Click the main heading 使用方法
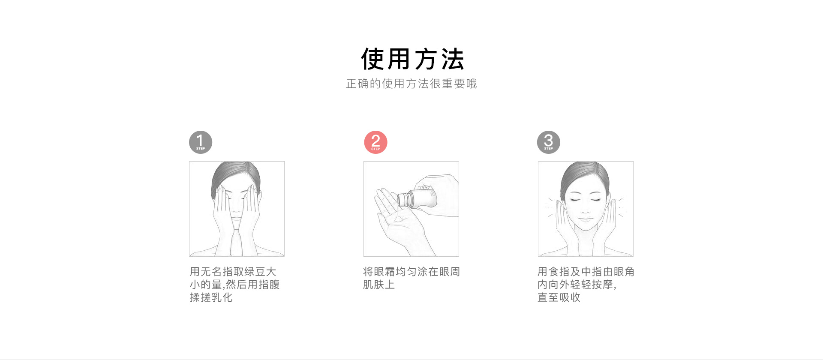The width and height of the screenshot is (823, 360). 412,59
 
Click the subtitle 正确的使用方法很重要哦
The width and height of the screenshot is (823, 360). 411,84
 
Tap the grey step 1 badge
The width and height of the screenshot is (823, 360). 201,142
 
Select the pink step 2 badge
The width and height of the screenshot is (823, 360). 375,142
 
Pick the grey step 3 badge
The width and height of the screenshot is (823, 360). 549,142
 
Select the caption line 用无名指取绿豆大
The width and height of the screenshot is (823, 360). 233,272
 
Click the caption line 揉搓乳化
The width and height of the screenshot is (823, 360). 211,297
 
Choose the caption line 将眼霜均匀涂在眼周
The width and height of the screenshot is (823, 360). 411,272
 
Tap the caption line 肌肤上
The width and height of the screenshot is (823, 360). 379,285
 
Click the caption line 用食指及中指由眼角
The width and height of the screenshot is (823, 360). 586,272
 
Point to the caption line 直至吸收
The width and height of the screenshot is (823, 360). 559,297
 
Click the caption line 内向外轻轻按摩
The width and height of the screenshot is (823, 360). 577,285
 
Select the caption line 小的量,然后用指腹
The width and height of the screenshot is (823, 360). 235,285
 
